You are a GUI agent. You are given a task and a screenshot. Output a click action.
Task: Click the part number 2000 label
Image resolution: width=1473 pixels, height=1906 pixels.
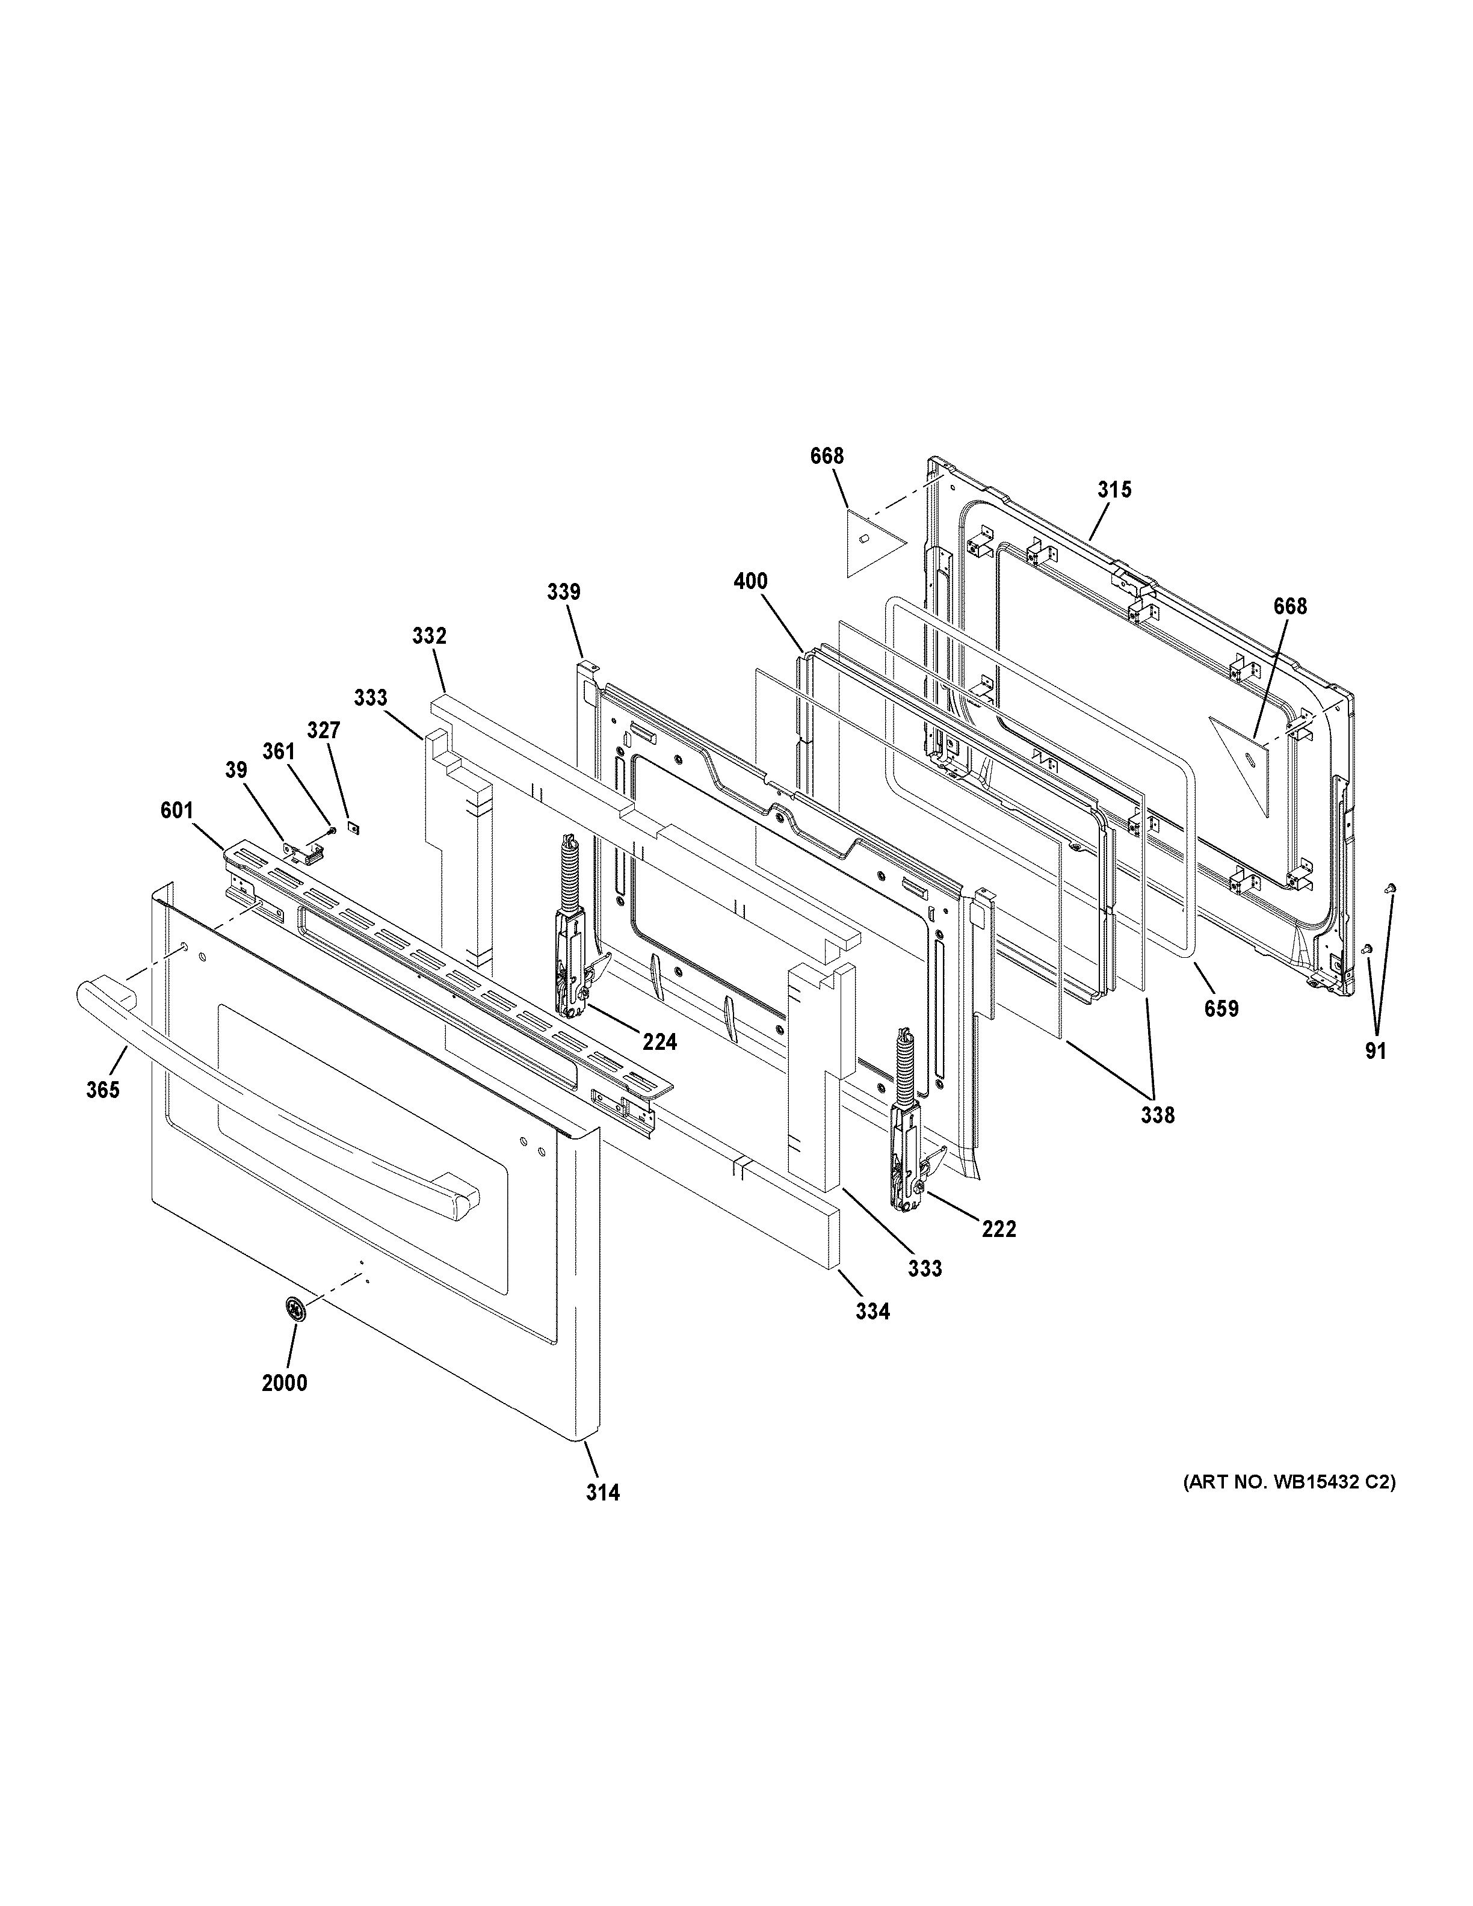tap(285, 1383)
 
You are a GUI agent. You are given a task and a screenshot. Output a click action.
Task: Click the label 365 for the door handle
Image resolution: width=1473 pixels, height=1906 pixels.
tap(103, 1090)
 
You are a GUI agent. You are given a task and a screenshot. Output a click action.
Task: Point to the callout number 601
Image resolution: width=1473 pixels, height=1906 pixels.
tap(176, 811)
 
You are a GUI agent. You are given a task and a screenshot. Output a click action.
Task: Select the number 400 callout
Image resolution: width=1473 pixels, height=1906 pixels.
tap(750, 581)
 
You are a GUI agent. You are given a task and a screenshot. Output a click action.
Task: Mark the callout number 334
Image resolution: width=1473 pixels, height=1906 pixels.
tap(872, 1335)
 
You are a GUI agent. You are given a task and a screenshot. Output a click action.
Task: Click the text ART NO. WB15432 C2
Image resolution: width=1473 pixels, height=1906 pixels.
tap(1289, 1482)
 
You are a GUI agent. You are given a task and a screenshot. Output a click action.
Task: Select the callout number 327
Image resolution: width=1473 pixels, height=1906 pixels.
tap(323, 730)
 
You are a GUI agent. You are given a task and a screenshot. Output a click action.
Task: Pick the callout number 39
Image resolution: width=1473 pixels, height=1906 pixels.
tap(236, 771)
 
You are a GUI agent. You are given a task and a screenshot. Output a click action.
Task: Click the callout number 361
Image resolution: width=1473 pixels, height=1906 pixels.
tap(279, 751)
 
